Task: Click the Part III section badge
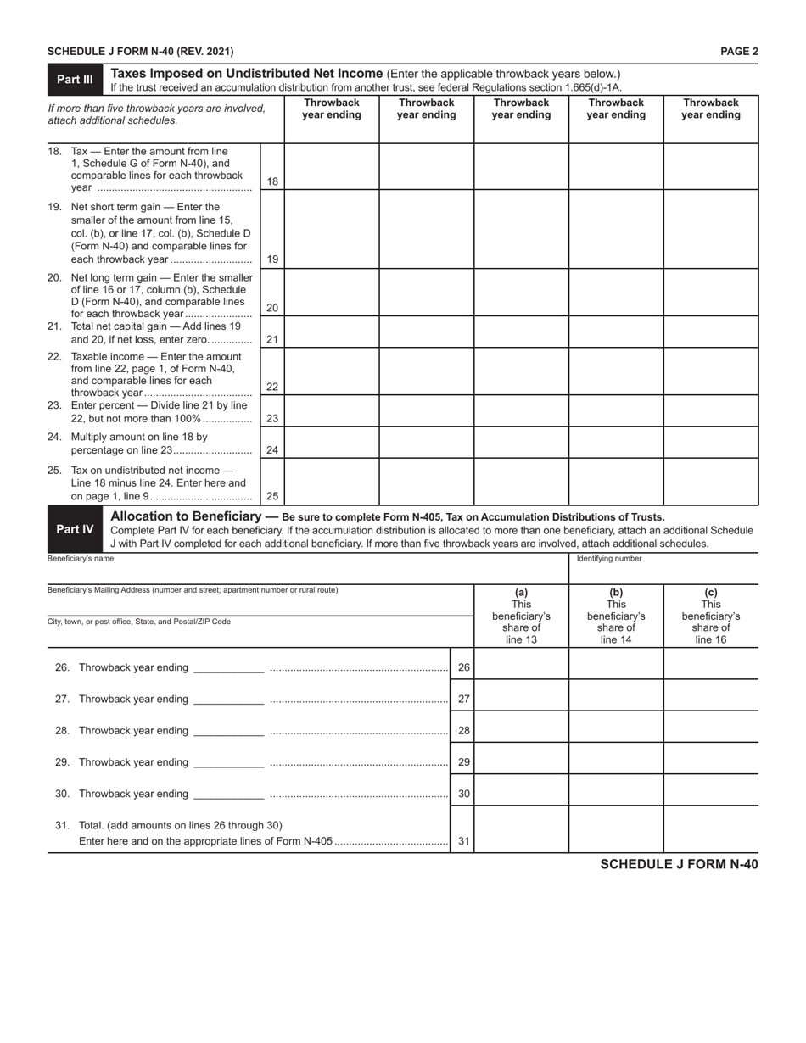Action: click(x=75, y=80)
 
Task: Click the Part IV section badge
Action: click(x=75, y=529)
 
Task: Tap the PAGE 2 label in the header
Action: click(x=739, y=52)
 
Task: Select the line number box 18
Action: click(x=272, y=181)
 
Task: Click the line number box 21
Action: click(x=272, y=339)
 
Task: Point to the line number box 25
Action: click(x=272, y=497)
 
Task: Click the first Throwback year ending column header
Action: click(x=332, y=109)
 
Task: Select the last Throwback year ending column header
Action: click(x=711, y=109)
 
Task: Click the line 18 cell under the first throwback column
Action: click(x=332, y=166)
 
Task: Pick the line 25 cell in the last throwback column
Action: click(x=711, y=482)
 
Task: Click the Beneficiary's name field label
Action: click(x=81, y=559)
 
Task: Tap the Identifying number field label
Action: click(x=609, y=559)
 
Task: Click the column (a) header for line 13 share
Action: click(x=521, y=616)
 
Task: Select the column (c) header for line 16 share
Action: click(x=711, y=616)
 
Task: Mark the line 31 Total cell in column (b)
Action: click(x=616, y=829)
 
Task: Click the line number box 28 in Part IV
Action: click(x=463, y=731)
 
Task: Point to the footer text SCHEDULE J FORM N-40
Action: click(x=679, y=864)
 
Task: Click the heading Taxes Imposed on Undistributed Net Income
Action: click(x=248, y=74)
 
